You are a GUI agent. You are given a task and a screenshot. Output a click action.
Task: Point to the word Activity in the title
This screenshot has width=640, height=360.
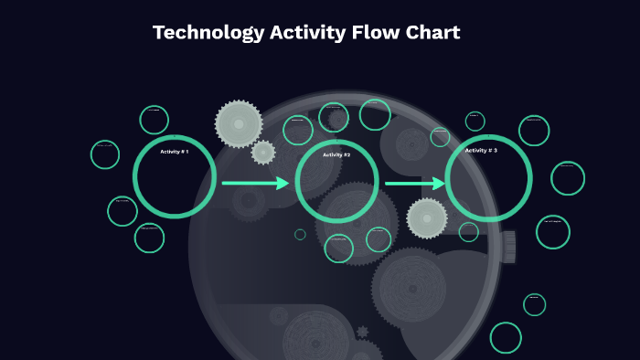tap(308, 33)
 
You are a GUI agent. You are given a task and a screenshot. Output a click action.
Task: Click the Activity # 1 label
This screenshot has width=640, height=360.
tap(174, 152)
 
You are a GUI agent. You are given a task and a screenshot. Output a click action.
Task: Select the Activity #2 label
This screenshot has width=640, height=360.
tap(336, 155)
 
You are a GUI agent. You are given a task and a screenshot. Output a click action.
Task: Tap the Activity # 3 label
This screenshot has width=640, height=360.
tap(481, 150)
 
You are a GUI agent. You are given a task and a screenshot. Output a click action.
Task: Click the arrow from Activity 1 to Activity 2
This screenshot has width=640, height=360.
tap(255, 184)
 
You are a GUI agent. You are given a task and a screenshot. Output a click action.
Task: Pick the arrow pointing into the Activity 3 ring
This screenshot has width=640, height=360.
tap(414, 184)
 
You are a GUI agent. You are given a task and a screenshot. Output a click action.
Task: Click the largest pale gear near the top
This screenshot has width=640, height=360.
tap(239, 123)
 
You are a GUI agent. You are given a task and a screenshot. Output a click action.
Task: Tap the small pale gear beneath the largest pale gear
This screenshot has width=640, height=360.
tap(263, 153)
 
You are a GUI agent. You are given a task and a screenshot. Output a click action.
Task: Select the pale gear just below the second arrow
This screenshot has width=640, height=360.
tap(427, 218)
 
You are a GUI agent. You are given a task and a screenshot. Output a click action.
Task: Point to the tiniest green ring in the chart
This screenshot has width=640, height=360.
tap(300, 235)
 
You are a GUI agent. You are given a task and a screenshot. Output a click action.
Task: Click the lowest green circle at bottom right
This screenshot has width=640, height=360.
tap(506, 337)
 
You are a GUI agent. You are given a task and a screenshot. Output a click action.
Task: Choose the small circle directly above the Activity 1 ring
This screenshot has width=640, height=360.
tap(155, 120)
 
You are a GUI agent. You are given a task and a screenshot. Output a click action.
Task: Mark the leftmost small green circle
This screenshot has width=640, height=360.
tap(105, 154)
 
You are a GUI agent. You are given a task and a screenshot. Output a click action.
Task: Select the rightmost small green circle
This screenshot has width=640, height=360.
tap(568, 178)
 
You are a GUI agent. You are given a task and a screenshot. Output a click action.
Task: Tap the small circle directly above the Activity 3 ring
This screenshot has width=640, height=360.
tap(475, 121)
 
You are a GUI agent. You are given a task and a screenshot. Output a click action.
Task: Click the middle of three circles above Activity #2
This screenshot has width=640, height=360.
tap(334, 117)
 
